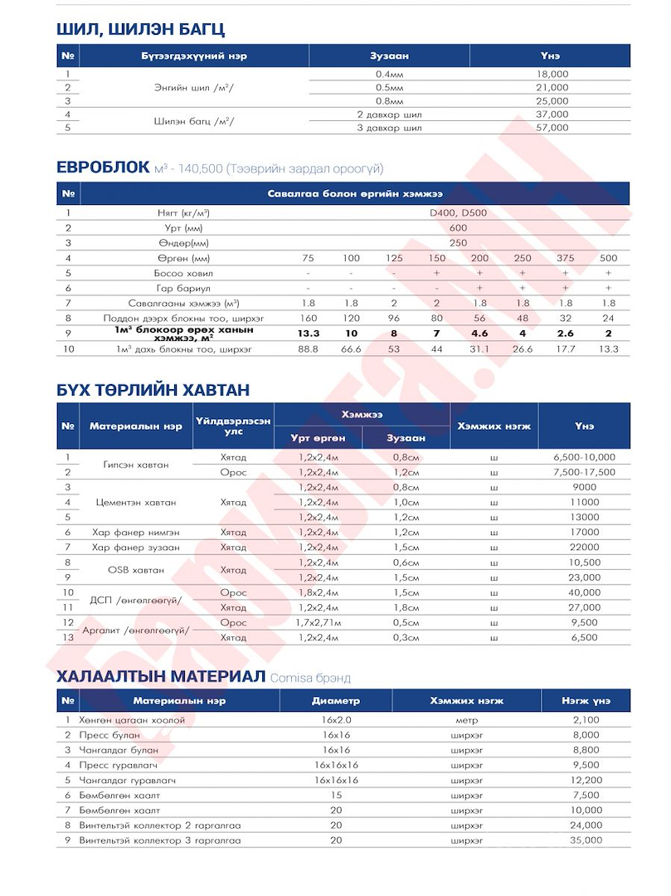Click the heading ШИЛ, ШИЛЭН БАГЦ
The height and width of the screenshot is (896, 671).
coord(140,29)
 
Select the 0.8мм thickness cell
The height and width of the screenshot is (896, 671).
coord(388,101)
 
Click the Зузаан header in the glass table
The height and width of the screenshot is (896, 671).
coord(389,56)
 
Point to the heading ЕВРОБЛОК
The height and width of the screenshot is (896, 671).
coord(103,168)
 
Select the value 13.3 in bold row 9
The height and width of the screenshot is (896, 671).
coord(309,334)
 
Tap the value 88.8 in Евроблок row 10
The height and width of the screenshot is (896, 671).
coord(309,349)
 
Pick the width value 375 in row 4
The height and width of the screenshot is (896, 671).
coord(566,258)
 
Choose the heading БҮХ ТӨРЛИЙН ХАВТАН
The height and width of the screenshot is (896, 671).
coord(153,389)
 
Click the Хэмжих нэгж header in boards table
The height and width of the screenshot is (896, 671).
coord(494,426)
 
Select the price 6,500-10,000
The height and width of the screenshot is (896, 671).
coord(584,457)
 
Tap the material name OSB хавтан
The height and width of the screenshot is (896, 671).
coord(136,570)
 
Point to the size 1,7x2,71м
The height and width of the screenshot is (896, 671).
coord(318,622)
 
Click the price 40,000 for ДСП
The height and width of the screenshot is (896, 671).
coord(584,592)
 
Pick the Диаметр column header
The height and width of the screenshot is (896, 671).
coord(336,700)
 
